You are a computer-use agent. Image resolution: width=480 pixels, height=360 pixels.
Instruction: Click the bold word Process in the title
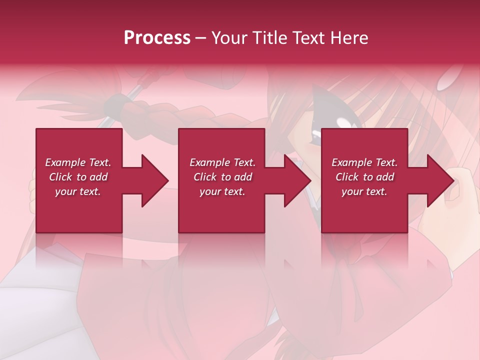[x=157, y=37]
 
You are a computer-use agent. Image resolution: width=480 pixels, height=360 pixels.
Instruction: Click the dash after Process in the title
[x=200, y=38]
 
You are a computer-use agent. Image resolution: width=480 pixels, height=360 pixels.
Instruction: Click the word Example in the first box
[x=65, y=162]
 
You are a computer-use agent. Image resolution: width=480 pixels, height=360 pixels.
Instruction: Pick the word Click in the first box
[x=61, y=177]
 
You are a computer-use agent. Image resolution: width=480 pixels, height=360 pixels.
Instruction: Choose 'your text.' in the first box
[x=78, y=191]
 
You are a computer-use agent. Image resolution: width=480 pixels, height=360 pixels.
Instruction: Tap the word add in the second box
[x=242, y=177]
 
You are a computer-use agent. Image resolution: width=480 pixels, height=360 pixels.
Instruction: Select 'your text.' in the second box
[x=222, y=191]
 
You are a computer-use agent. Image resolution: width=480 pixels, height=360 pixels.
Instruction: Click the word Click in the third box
[x=347, y=177]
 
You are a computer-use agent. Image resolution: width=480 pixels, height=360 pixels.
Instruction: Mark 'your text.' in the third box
[x=364, y=191]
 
